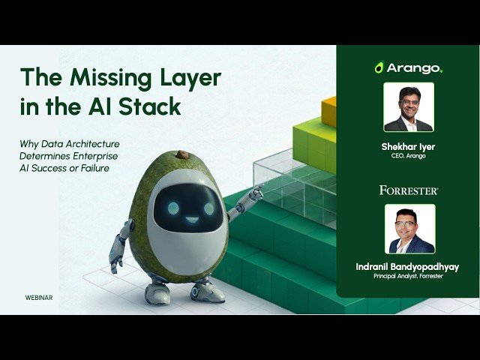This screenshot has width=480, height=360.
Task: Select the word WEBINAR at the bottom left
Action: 38,297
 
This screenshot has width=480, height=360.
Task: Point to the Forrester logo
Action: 408,190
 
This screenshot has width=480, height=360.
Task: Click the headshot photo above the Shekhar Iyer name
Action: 408,106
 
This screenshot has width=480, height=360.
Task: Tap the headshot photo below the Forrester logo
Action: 408,230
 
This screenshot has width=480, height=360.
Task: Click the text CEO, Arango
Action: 408,157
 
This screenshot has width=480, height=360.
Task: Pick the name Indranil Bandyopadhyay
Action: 408,267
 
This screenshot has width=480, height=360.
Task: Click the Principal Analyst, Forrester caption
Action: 408,277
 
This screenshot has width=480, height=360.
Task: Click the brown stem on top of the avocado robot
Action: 182,154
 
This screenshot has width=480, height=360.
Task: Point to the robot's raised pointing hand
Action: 255,193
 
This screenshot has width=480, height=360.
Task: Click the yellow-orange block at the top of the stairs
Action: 329,111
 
